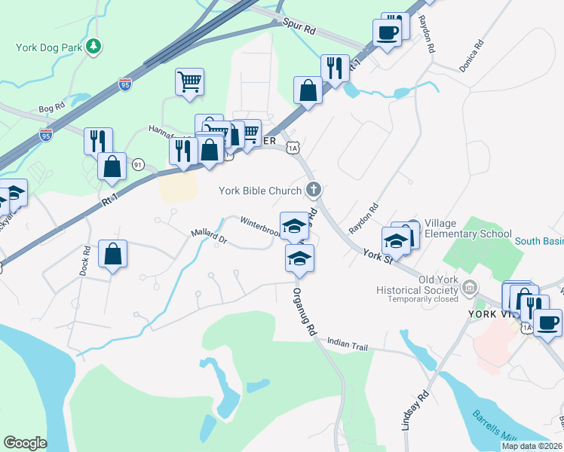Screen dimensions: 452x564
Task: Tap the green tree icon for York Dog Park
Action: coord(93,47)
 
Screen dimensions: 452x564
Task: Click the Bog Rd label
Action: coord(51,108)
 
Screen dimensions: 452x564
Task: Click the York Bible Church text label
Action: coord(260,191)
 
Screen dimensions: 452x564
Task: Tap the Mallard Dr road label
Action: coord(209,238)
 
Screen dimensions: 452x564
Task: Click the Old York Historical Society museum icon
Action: coord(470,287)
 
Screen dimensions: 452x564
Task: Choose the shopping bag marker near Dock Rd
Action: coord(112,254)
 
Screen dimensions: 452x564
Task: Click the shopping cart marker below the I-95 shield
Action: coord(189,81)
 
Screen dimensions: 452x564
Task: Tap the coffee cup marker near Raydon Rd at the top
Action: coord(387,33)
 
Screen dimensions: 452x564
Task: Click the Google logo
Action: coord(25,443)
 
